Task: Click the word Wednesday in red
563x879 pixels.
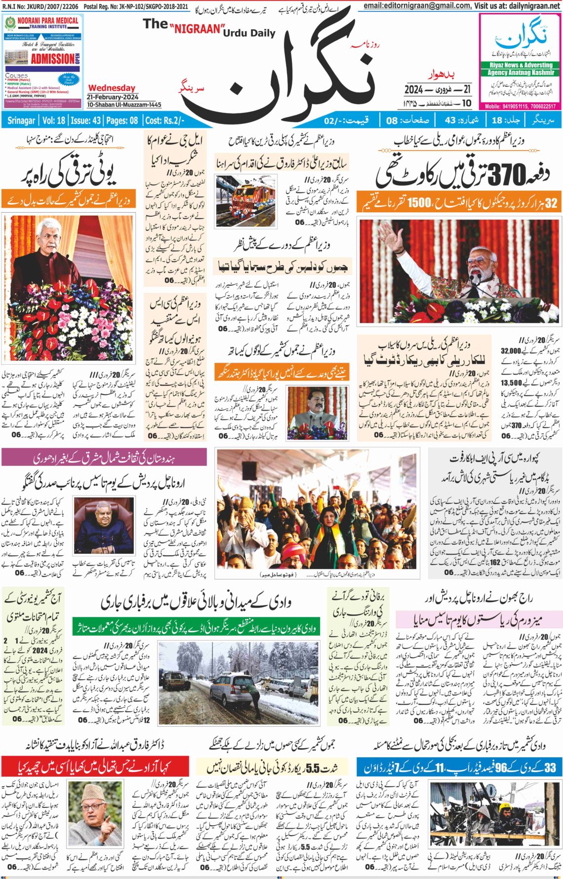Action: pos(112,88)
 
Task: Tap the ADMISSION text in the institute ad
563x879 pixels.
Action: pos(52,59)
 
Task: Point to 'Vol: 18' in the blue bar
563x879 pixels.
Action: pos(54,120)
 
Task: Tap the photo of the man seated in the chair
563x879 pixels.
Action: pos(103,526)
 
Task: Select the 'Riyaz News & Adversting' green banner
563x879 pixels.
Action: pos(521,65)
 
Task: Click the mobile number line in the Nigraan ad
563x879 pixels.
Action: pos(520,106)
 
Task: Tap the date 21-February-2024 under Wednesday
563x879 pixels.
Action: pos(113,97)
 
